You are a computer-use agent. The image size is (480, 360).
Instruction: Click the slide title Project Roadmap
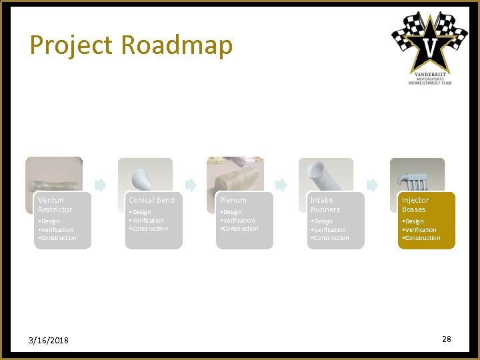pyautogui.click(x=131, y=45)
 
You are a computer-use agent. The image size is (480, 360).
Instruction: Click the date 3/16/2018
pyautogui.click(x=49, y=341)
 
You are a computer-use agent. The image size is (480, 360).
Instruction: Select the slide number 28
pyautogui.click(x=446, y=339)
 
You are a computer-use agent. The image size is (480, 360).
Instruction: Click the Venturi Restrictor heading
pyautogui.click(x=55, y=205)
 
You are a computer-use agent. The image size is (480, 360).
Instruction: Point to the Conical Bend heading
pyautogui.click(x=151, y=200)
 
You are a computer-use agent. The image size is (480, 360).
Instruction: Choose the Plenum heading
pyautogui.click(x=233, y=200)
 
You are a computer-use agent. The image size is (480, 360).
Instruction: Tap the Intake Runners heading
pyautogui.click(x=325, y=205)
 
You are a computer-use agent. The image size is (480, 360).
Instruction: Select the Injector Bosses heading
pyautogui.click(x=415, y=205)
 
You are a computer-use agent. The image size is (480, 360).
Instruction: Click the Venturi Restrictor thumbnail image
pyautogui.click(x=54, y=175)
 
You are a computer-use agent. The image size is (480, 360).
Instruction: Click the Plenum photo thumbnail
pyautogui.click(x=235, y=175)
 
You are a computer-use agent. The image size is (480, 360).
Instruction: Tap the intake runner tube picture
pyautogui.click(x=325, y=175)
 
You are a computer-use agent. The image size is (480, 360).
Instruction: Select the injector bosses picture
pyautogui.click(x=417, y=175)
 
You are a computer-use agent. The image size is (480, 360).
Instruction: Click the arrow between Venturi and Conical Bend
pyautogui.click(x=100, y=185)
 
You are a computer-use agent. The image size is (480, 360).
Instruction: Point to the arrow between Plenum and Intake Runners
pyautogui.click(x=281, y=185)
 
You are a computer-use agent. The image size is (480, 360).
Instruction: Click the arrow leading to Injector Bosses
pyautogui.click(x=372, y=185)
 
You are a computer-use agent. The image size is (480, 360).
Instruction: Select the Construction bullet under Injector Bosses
pyautogui.click(x=422, y=238)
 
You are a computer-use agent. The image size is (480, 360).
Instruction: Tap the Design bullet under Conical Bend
pyautogui.click(x=141, y=212)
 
